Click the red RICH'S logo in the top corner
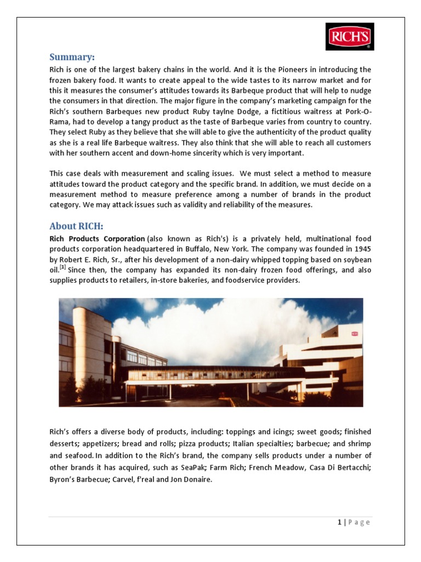[350, 36]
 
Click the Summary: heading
[72, 57]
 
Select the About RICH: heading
[76, 226]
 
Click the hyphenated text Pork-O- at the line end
[357, 111]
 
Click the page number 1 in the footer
[339, 522]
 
